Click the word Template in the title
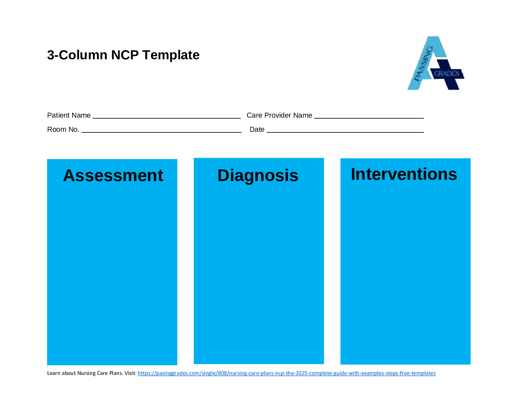[171, 55]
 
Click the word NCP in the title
[125, 55]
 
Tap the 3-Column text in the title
[77, 55]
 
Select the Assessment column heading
[113, 175]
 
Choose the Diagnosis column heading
[258, 175]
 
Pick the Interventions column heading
[404, 174]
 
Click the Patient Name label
[69, 115]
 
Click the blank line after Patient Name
[166, 117]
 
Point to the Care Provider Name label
[279, 115]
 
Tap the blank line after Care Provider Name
[369, 117]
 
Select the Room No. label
[63, 130]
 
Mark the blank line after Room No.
[161, 131]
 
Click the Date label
[257, 130]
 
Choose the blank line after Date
[345, 131]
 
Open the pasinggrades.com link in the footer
[286, 373]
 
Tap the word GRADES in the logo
[446, 74]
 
